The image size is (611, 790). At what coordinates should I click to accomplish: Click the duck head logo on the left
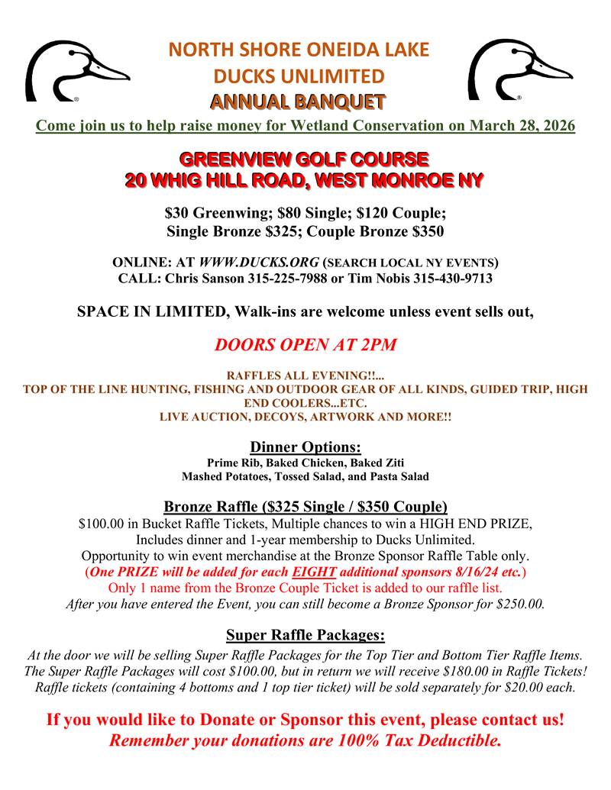(x=76, y=70)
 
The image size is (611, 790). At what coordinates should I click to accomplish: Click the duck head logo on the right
(x=519, y=70)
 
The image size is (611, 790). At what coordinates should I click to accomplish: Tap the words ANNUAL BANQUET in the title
(x=299, y=101)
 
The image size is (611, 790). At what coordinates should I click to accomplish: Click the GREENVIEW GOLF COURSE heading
(x=304, y=160)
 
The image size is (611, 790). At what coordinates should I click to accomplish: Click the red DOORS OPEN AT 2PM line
(x=305, y=344)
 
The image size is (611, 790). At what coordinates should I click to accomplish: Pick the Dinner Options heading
(x=305, y=447)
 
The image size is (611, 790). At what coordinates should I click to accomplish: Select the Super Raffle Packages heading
(x=305, y=635)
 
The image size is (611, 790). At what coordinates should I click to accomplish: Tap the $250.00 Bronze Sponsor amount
(x=519, y=604)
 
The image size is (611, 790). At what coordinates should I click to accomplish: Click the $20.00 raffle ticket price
(x=520, y=687)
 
